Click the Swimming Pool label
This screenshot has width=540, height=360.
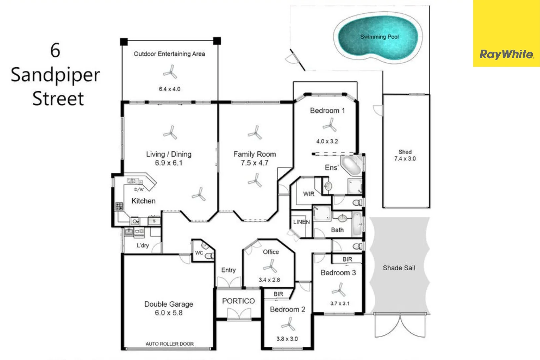(x=379, y=37)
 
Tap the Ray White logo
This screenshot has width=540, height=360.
(x=506, y=54)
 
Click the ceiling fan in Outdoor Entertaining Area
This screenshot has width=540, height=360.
(x=170, y=72)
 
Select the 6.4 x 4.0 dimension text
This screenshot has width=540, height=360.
(x=169, y=89)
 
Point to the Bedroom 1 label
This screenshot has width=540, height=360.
(x=327, y=111)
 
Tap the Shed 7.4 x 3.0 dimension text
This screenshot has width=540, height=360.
(x=405, y=159)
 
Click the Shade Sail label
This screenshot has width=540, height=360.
(x=399, y=268)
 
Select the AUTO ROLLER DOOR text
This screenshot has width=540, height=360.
(x=169, y=344)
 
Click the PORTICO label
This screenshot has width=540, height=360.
(x=238, y=301)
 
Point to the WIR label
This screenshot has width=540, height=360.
(x=309, y=194)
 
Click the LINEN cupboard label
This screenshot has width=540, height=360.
(x=301, y=222)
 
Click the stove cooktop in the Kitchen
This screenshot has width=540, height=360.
(x=119, y=206)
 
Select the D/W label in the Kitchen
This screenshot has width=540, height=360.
(x=139, y=189)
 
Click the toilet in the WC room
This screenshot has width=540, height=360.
(x=209, y=256)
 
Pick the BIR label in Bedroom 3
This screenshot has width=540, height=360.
(x=347, y=259)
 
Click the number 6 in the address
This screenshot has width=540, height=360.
(x=55, y=50)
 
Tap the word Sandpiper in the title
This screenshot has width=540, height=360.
(x=55, y=75)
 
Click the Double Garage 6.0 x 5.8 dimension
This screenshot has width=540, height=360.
(x=169, y=313)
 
